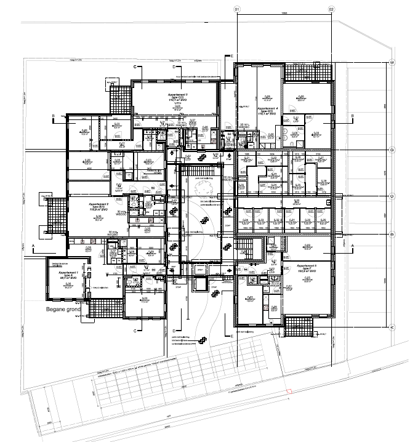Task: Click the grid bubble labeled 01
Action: click(236, 10)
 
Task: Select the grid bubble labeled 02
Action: click(331, 10)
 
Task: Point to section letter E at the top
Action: click(232, 56)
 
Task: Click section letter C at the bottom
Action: click(134, 331)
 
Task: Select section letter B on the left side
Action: click(54, 115)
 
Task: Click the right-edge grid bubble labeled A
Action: click(392, 327)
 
